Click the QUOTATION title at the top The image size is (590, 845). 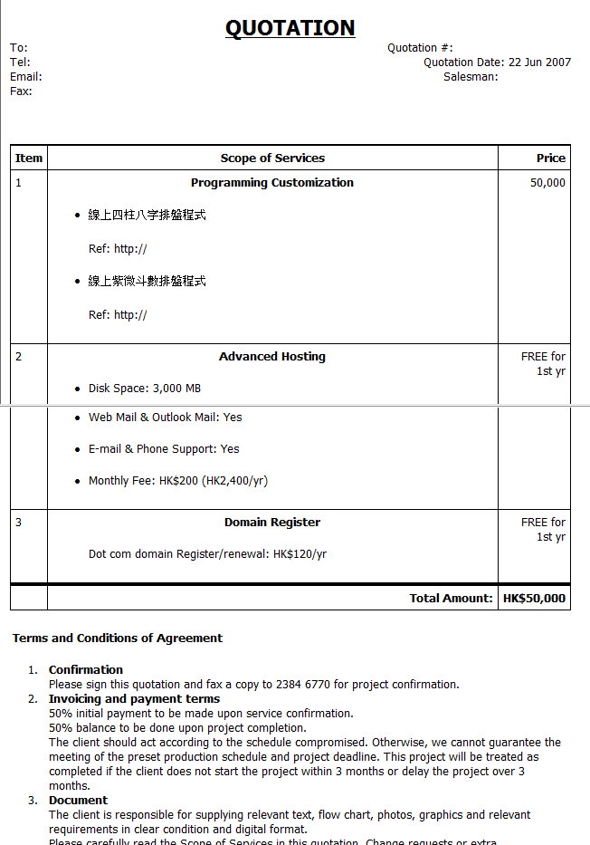(x=290, y=28)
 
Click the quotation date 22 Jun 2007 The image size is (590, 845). (x=539, y=62)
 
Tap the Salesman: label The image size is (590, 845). (x=471, y=77)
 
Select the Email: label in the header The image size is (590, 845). (x=25, y=77)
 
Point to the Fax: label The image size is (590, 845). (x=21, y=91)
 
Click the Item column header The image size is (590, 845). (x=29, y=158)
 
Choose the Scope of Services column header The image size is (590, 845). (x=272, y=158)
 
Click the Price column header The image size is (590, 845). (x=550, y=158)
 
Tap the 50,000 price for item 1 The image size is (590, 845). (x=547, y=183)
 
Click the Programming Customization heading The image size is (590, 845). (x=272, y=183)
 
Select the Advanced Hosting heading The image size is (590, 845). (x=272, y=357)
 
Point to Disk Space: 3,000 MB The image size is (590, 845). (x=145, y=389)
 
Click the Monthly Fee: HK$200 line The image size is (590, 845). (x=177, y=481)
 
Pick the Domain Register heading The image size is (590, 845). (x=272, y=523)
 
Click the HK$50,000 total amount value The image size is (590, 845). (x=534, y=599)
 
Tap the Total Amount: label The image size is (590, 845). (x=451, y=599)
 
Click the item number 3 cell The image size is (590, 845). (x=19, y=523)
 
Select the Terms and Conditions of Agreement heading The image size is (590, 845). (x=118, y=639)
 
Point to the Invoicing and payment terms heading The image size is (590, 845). (x=134, y=699)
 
